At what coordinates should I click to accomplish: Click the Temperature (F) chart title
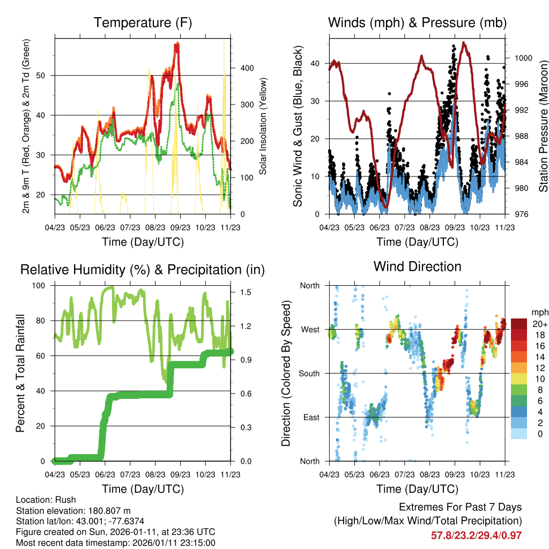coord(143,23)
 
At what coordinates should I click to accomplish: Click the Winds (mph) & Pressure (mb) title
coord(417,23)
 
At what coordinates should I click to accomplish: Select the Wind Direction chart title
coord(417,266)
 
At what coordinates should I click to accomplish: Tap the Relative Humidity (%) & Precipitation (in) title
coord(143,270)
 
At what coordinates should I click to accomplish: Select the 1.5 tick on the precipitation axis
coord(246,292)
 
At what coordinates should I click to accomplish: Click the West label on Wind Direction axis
coord(310,329)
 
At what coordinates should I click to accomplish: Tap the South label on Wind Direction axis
coord(309,373)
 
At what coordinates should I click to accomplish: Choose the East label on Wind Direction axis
coord(311,417)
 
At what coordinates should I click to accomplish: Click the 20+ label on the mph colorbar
coord(539,324)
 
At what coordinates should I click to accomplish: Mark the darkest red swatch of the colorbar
coord(519,324)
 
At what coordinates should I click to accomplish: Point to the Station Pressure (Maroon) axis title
coord(543,126)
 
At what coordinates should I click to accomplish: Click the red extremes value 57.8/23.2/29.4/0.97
coord(476,535)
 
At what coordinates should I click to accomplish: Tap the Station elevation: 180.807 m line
coord(73,510)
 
